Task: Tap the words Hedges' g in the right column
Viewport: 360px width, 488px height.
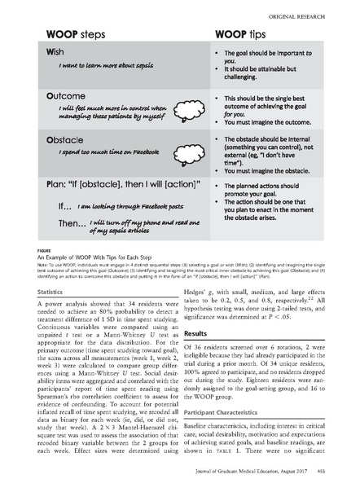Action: (x=200, y=291)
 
